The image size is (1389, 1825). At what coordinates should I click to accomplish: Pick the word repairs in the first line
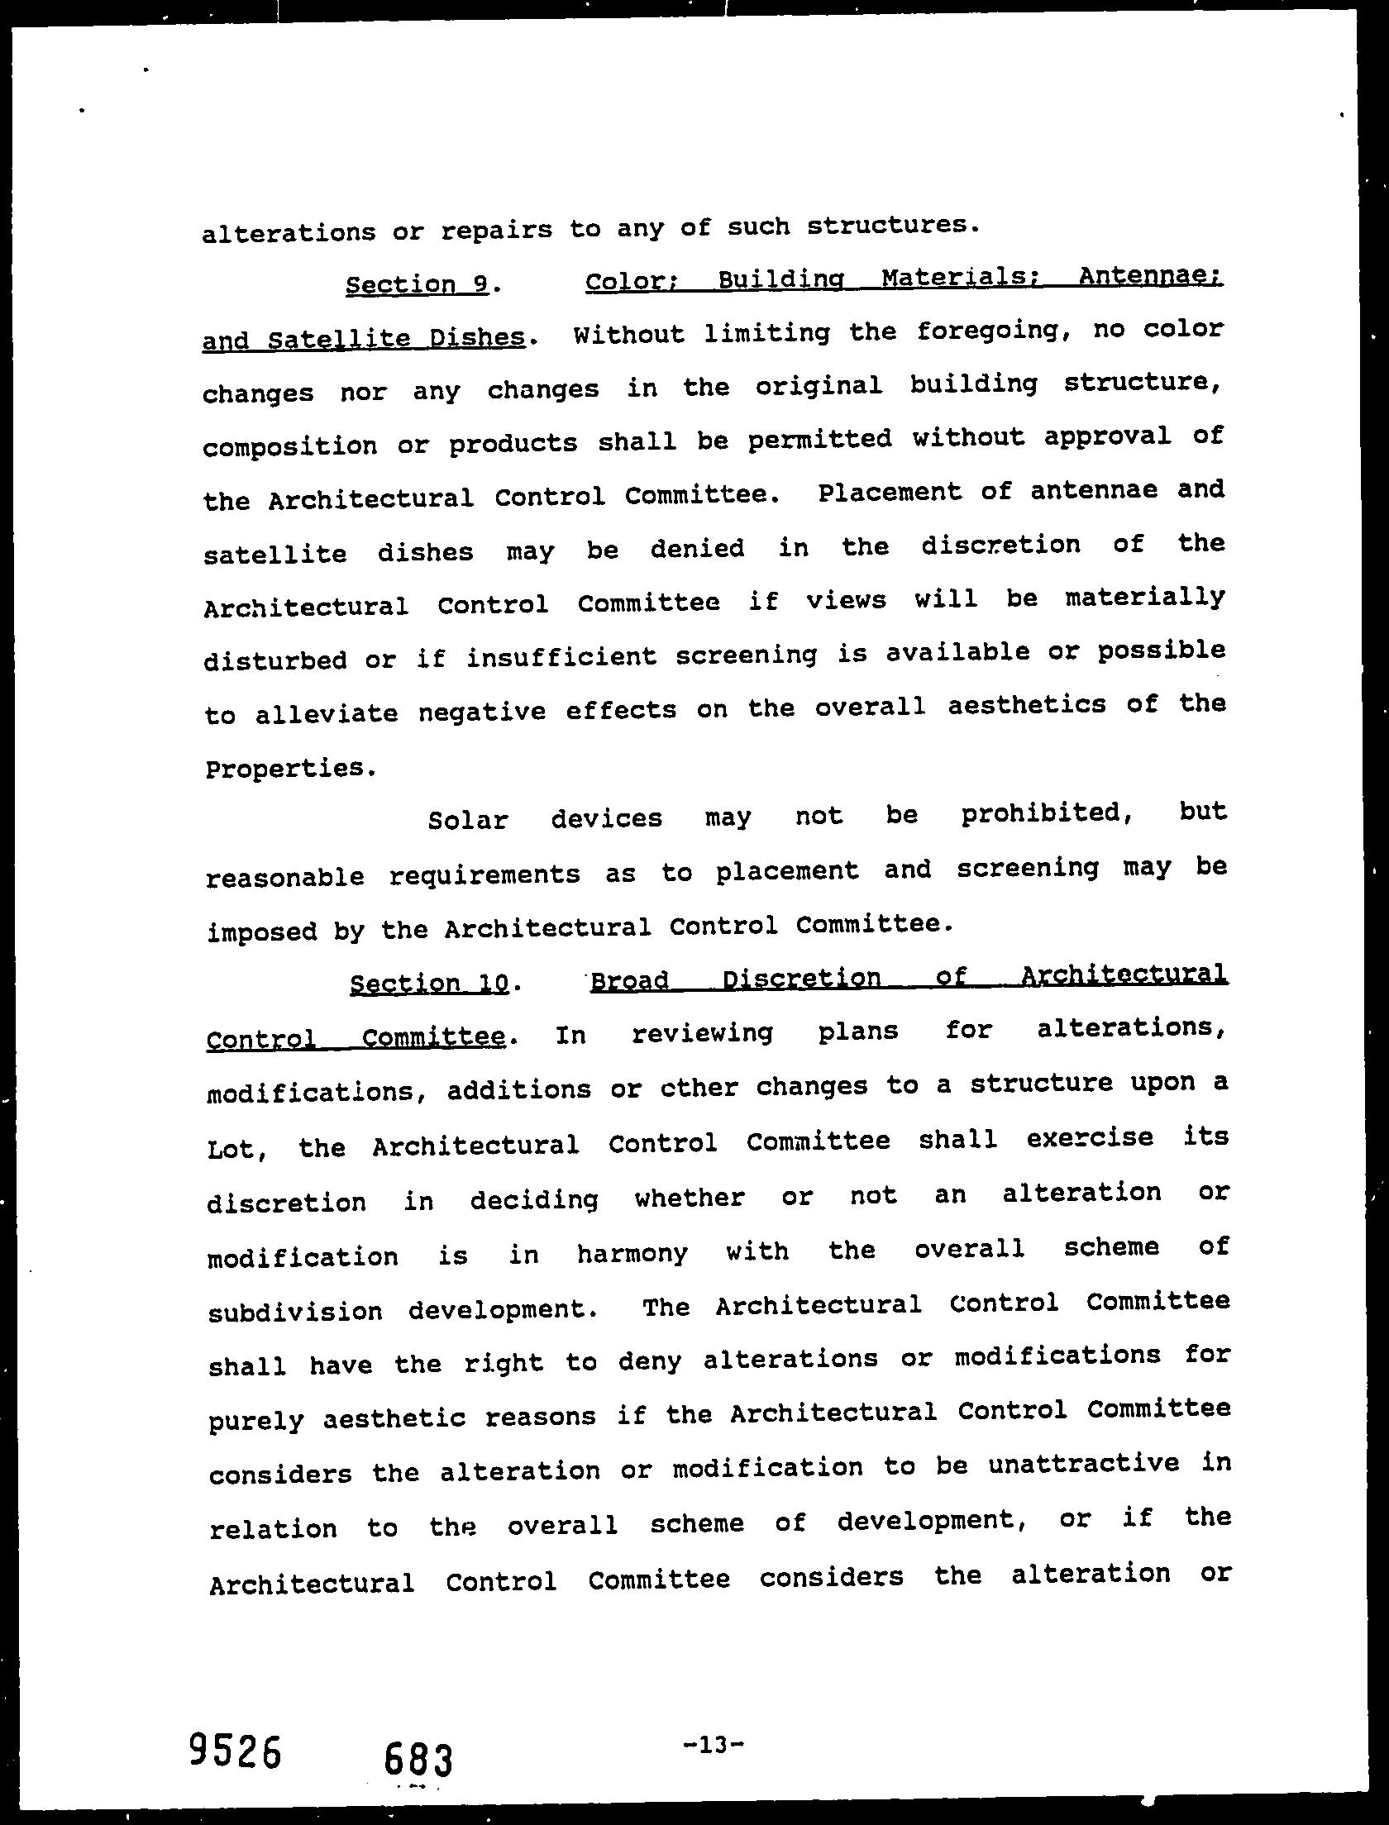[x=496, y=230]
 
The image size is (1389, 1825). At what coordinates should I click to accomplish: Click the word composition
[x=290, y=446]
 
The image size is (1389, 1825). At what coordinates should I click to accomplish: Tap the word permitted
[x=819, y=440]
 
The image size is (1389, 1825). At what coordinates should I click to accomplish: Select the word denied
[x=697, y=549]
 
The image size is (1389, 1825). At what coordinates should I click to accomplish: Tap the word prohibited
[x=1045, y=814]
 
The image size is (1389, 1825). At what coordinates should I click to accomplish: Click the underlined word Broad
[x=629, y=981]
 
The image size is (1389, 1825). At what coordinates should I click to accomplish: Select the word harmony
[x=632, y=1255]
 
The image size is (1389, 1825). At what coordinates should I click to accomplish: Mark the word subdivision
[x=295, y=1312]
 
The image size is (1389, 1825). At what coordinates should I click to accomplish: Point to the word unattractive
[x=1083, y=1464]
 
